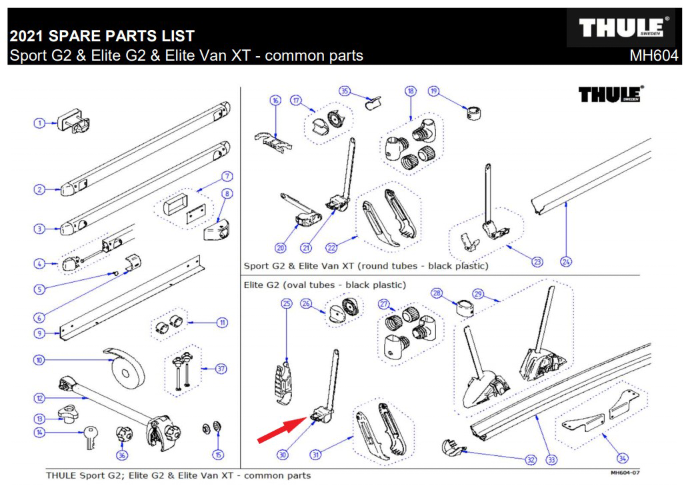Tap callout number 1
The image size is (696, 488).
(40, 123)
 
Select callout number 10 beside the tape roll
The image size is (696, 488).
(40, 361)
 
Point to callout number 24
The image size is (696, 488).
(565, 261)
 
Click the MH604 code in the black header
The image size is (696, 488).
(653, 56)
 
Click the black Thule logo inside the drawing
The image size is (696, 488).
(610, 94)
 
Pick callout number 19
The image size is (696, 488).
(434, 91)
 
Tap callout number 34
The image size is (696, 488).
(622, 458)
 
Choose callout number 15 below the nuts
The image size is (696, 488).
(217, 455)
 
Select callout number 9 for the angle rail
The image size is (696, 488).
(40, 333)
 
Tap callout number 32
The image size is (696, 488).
(530, 459)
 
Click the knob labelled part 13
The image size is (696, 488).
(69, 415)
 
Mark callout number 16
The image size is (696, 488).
(275, 101)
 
